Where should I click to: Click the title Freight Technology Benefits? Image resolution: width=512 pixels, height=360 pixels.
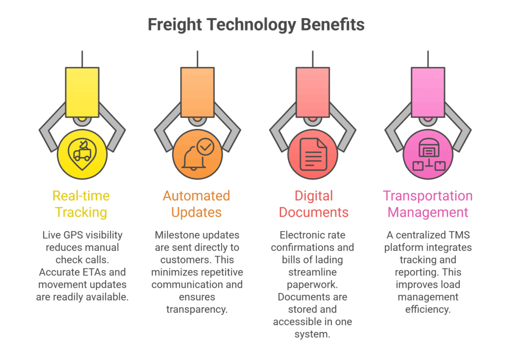coord(255,24)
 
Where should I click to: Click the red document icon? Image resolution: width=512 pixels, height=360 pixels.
coord(312,154)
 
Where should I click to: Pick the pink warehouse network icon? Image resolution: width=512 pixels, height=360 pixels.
coord(428,154)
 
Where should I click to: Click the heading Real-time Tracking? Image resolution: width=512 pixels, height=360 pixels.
coord(81,203)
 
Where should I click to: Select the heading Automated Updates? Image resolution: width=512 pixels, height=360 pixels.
coord(196,203)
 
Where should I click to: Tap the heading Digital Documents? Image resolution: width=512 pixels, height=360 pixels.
coord(312,203)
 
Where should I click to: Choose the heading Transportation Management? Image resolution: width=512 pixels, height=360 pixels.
coord(428,203)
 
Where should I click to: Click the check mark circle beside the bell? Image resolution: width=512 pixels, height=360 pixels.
coord(205,146)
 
